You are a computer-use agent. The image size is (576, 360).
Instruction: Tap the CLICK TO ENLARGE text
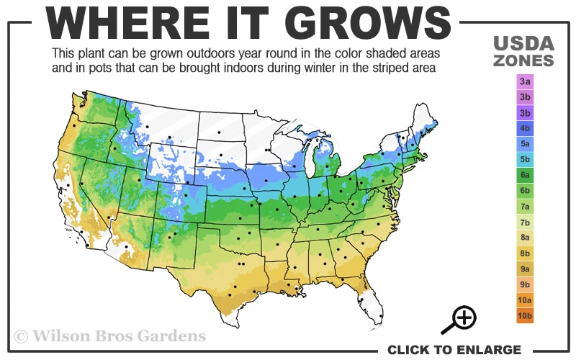(454, 350)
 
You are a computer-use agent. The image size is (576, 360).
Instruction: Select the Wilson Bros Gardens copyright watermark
(110, 336)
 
